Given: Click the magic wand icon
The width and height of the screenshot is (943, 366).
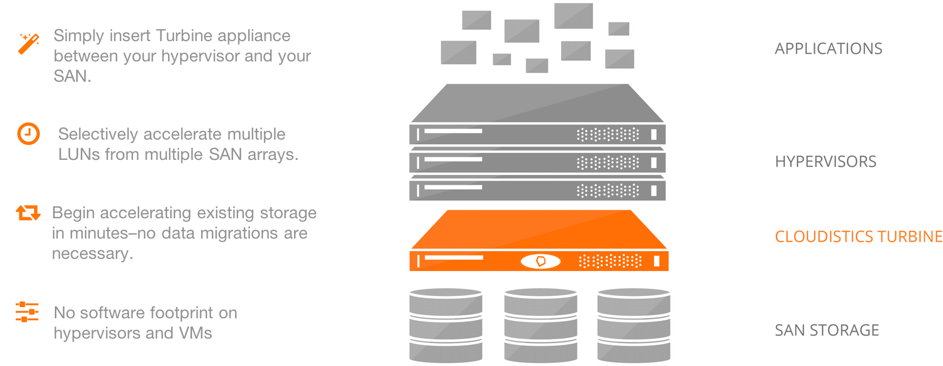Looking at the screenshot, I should pyautogui.click(x=28, y=44).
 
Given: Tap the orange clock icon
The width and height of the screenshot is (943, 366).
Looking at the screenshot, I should pyautogui.click(x=28, y=134).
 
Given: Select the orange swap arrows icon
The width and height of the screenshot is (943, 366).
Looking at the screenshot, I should pyautogui.click(x=28, y=213).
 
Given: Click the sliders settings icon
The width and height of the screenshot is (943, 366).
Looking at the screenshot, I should pyautogui.click(x=27, y=312).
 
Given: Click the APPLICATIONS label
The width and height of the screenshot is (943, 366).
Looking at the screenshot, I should pyautogui.click(x=828, y=49).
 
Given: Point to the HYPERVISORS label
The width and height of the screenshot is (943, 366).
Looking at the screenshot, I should pyautogui.click(x=825, y=162).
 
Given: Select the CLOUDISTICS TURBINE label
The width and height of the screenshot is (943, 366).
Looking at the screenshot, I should pyautogui.click(x=858, y=237).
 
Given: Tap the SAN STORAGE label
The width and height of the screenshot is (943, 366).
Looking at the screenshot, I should pyautogui.click(x=827, y=330).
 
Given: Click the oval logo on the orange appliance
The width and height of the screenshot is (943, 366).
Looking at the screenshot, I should pyautogui.click(x=540, y=261).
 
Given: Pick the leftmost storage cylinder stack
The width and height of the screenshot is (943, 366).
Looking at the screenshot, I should pyautogui.click(x=446, y=325).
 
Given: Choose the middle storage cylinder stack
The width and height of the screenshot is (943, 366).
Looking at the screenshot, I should pyautogui.click(x=540, y=325).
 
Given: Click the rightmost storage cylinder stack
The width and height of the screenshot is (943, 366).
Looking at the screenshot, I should pyautogui.click(x=634, y=325).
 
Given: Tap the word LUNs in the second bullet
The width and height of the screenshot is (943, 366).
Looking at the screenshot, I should pyautogui.click(x=79, y=154).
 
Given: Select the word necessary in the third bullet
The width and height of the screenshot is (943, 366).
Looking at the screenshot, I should pyautogui.click(x=92, y=253).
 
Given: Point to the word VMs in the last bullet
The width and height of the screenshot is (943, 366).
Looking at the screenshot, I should pyautogui.click(x=195, y=333).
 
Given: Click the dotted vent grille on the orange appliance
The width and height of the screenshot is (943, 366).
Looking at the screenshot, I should pyautogui.click(x=610, y=261).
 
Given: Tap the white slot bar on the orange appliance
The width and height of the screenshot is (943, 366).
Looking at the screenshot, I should pyautogui.click(x=454, y=258).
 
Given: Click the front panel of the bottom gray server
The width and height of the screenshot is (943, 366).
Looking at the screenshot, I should pyautogui.click(x=537, y=190).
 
